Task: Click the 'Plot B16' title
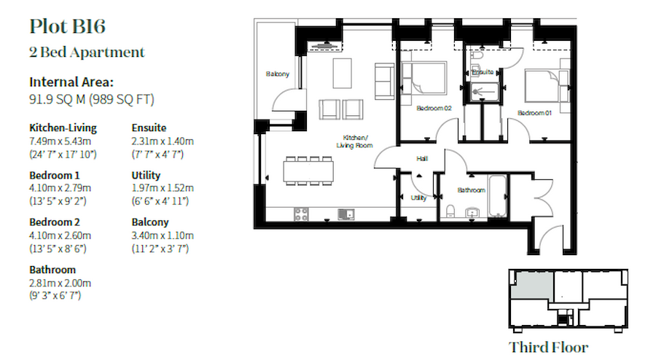[x=67, y=27]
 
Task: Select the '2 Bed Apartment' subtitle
[x=87, y=52]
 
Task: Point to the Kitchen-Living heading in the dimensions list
[x=63, y=128]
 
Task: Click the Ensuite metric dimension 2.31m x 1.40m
[x=162, y=141]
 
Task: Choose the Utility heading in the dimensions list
[x=146, y=176]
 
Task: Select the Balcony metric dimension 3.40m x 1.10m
[x=162, y=235]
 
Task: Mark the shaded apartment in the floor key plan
[x=528, y=284]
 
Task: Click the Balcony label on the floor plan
[x=277, y=74]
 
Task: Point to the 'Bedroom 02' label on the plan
[x=434, y=109]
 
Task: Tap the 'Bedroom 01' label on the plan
[x=535, y=113]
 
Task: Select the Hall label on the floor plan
[x=421, y=158]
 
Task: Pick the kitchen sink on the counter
[x=346, y=214]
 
